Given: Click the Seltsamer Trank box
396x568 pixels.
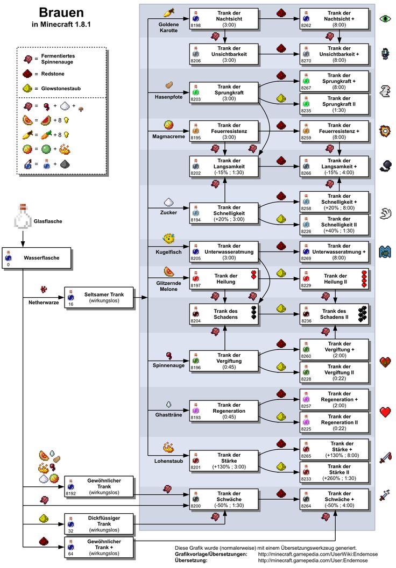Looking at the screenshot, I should pos(99,297).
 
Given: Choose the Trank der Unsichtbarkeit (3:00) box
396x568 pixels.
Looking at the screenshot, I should pos(224,53).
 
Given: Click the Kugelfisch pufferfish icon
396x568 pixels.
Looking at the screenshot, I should pos(168,238).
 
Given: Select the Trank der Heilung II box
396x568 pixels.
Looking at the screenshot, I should pos(335,279).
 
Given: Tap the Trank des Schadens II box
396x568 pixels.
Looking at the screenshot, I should pos(335,314).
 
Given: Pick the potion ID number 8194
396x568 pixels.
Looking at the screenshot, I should pos(195,220).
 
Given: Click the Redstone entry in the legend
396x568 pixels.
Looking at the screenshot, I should pos(51,74).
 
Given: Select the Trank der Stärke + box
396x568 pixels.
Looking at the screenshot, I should pos(335,450).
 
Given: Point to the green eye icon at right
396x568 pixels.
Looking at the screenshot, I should pos(385,19).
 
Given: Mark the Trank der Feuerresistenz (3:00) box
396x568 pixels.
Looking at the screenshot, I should pos(224,132).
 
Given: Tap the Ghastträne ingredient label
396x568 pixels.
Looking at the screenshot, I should pos(168,415).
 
